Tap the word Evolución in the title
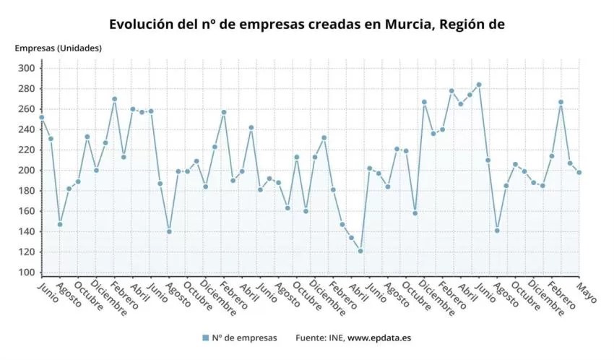coord(142,24)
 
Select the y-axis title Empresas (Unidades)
coord(59,48)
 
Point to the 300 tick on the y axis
coord(27,68)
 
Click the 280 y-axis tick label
coord(27,89)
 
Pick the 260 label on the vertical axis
coord(27,109)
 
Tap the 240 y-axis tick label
coord(27,129)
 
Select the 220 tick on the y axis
coord(27,150)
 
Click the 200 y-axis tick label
coord(27,171)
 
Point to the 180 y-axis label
coord(27,191)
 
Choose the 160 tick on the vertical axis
coord(27,211)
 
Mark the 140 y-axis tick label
coord(27,231)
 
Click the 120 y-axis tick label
coord(27,252)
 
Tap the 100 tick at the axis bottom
coord(27,272)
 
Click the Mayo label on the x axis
coord(587,291)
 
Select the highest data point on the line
coord(479,85)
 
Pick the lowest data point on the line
coord(360,251)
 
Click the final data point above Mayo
coord(579,172)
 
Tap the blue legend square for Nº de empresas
coord(206,338)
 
